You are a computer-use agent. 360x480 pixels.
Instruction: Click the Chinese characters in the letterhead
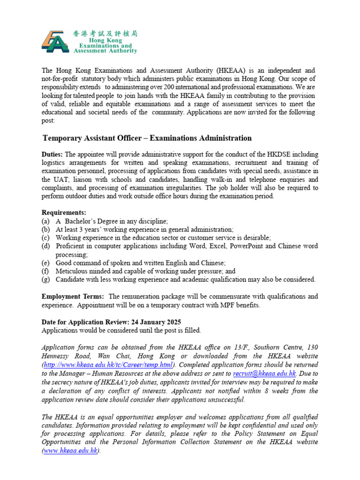105,34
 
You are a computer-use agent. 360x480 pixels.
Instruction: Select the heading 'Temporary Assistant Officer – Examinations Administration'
147,138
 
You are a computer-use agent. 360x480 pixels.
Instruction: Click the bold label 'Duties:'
52,154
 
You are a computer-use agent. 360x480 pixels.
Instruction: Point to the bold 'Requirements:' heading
64,213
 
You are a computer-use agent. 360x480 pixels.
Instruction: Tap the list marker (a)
45,221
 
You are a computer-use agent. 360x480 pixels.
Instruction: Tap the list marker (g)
45,280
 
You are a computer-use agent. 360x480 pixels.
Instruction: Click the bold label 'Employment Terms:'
73,297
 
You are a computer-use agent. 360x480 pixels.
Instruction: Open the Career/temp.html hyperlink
108,365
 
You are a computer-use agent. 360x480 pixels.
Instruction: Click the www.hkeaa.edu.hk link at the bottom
70,450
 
